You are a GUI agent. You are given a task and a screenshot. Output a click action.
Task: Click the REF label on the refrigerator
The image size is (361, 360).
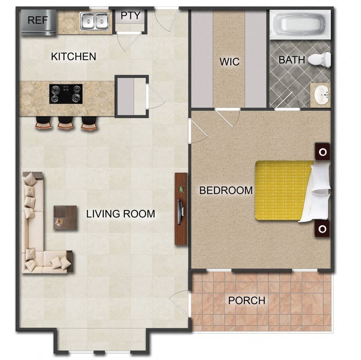[x=37, y=20]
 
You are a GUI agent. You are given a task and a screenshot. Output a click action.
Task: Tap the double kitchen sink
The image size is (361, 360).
[x=94, y=21]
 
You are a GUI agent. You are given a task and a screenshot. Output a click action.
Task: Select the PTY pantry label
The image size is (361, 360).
[x=130, y=16]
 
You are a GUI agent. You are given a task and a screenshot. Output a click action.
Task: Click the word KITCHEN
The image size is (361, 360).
[x=73, y=57]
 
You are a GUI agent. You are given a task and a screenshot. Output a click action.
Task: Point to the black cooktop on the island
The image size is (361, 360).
[x=65, y=93]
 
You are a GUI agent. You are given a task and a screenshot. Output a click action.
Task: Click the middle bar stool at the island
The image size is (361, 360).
[x=65, y=124]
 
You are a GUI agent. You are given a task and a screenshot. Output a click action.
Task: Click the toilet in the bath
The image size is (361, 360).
[x=322, y=60]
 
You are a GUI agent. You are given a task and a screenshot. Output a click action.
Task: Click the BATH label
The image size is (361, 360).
[x=292, y=60]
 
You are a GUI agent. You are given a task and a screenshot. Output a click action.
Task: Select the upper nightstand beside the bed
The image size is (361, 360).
[x=323, y=152]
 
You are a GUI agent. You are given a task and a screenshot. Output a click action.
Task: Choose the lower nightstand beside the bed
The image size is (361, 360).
[x=323, y=229]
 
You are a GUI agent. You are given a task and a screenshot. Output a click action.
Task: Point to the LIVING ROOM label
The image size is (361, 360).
[x=120, y=214]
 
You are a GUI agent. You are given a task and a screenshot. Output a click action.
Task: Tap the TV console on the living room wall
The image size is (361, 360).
[x=180, y=209]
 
